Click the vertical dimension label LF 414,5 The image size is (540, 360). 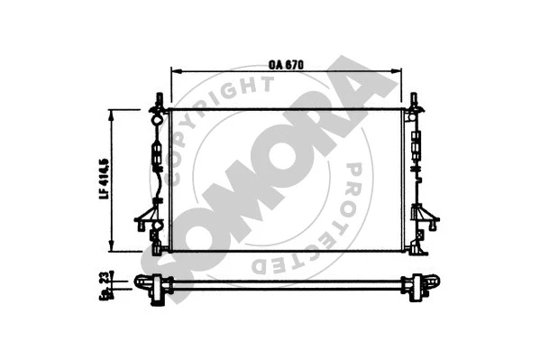(105, 179)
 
